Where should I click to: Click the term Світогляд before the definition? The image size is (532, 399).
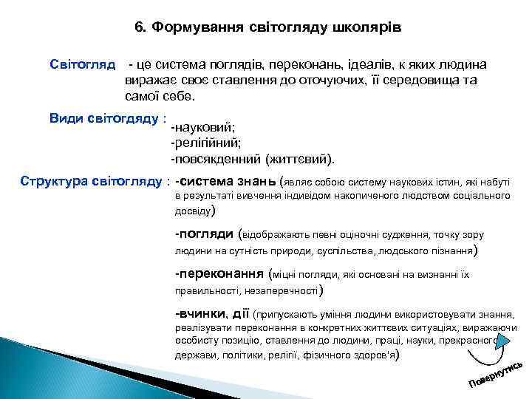(82, 64)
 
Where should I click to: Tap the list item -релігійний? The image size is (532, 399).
(208, 143)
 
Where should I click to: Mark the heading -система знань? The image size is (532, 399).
(225, 180)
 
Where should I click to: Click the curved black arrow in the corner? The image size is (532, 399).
(494, 352)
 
